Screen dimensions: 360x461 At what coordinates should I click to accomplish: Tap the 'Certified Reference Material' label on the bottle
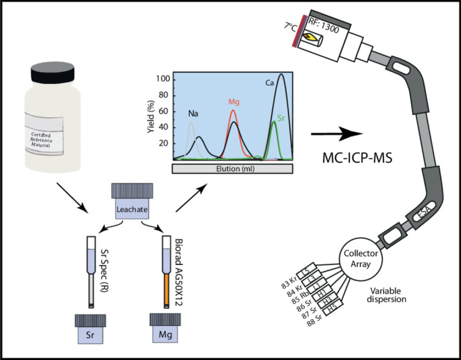coord(52,124)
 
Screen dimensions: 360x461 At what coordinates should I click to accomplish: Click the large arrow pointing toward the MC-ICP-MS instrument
coord(333,132)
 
